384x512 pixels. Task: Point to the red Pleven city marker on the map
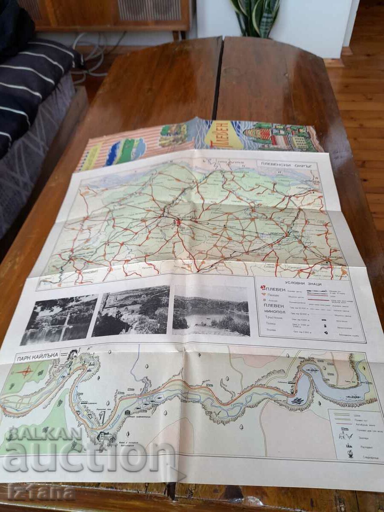pos(177,222)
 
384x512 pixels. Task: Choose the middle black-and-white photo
pos(131,311)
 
